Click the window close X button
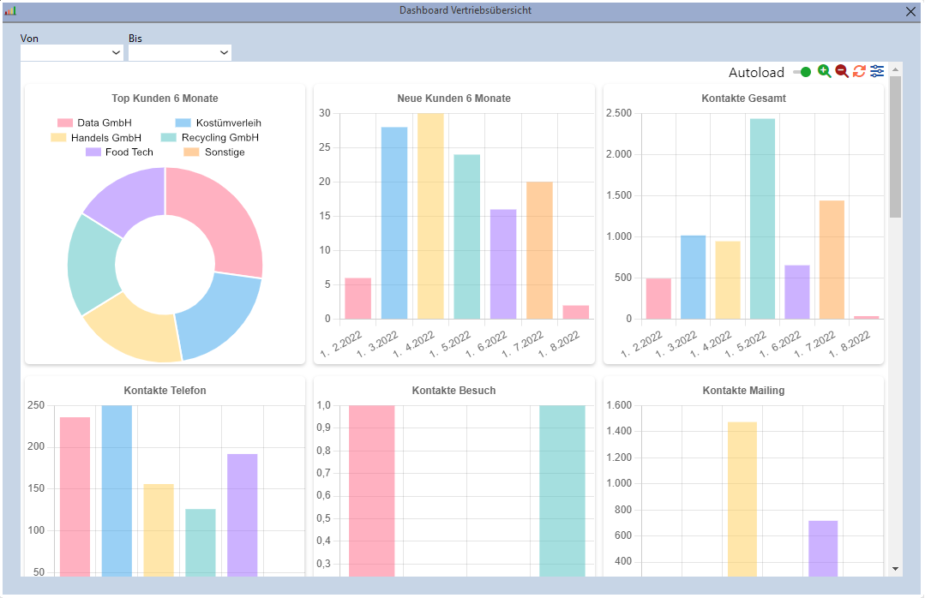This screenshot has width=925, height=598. point(910,12)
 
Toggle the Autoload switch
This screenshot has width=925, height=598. point(802,72)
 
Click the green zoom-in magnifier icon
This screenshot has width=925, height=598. point(824,71)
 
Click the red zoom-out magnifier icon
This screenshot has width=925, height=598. point(842,71)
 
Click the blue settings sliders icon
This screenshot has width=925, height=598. point(877,71)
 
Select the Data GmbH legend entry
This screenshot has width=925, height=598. point(93,123)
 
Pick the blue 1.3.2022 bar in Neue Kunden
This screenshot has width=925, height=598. point(394,223)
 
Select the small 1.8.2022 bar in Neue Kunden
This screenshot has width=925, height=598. point(575,312)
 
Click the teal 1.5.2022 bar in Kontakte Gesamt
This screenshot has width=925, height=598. point(762,218)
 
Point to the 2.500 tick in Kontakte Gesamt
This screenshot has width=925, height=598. point(618,113)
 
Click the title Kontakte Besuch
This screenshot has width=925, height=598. point(453,391)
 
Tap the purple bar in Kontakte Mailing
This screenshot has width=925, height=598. point(822,548)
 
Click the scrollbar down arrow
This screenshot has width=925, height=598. point(895,569)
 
